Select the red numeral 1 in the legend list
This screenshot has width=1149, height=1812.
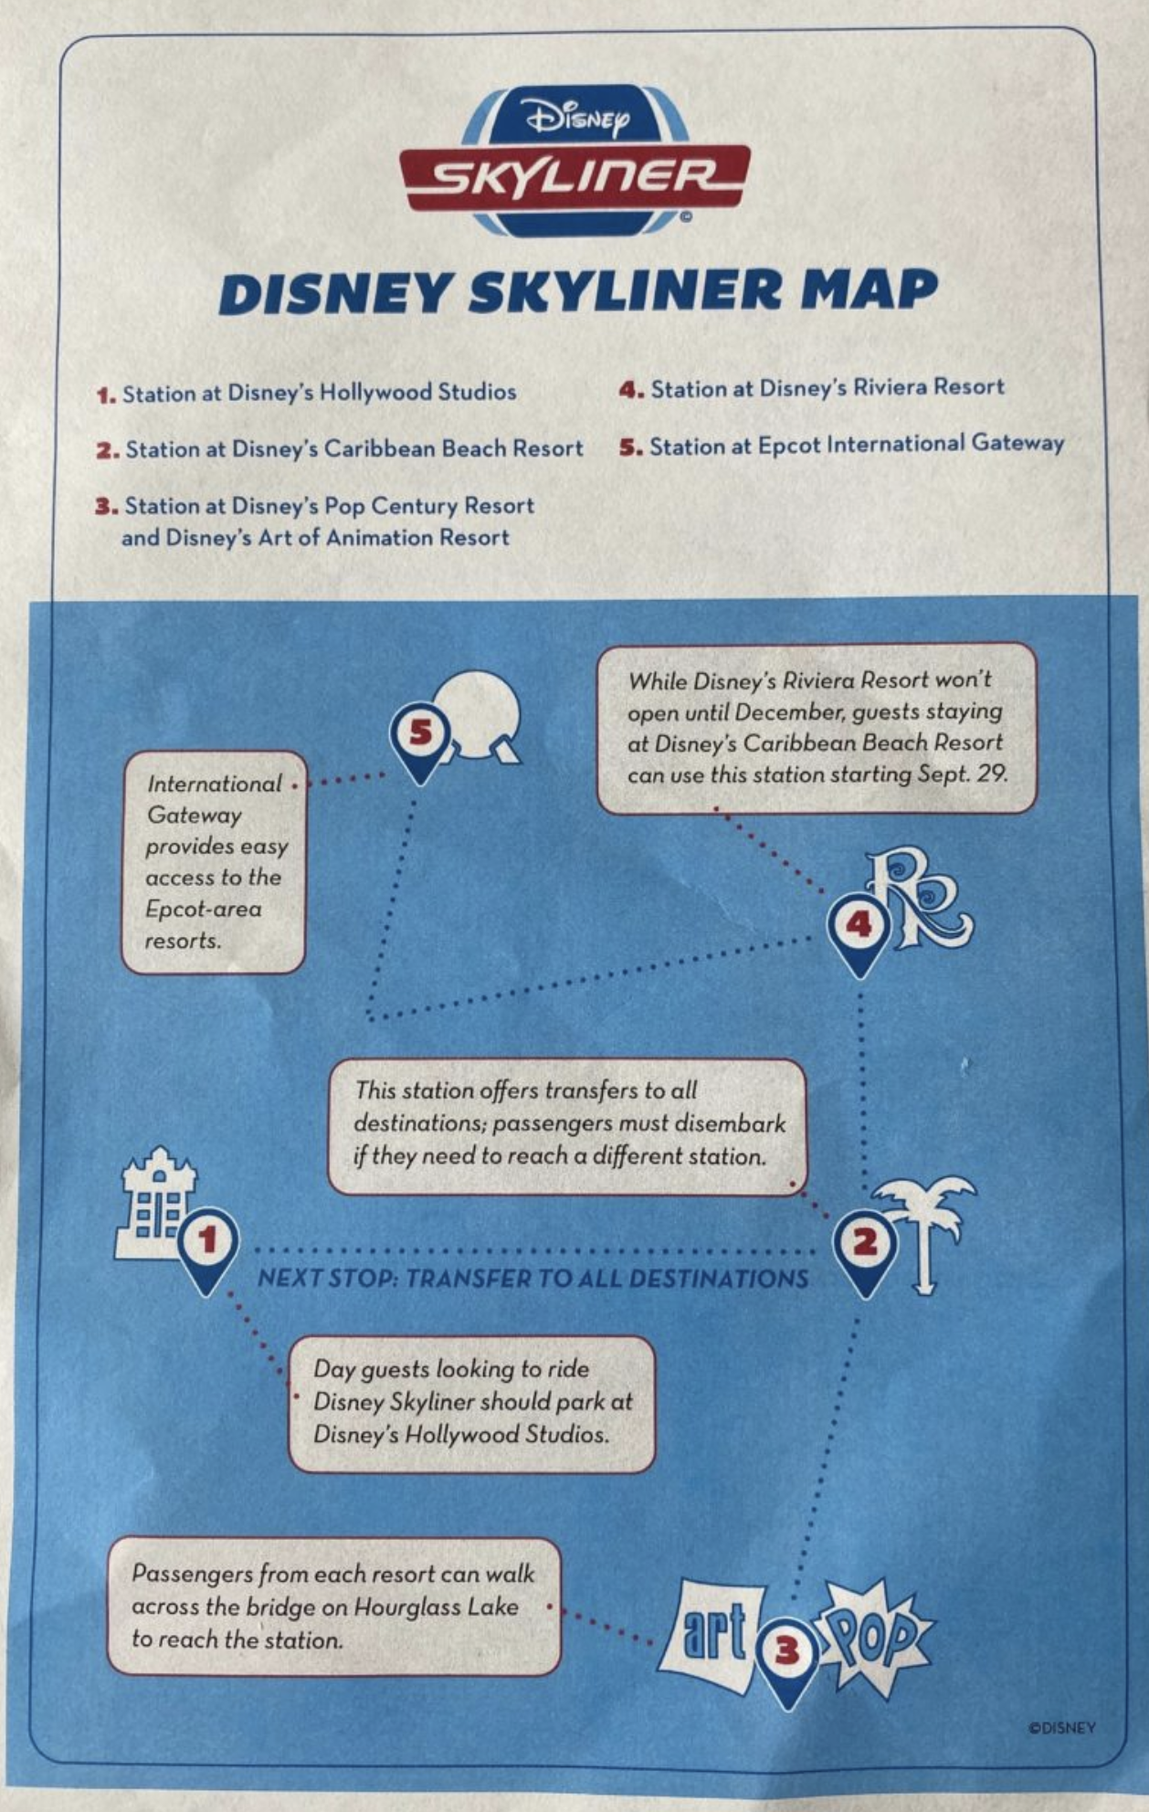coord(106,395)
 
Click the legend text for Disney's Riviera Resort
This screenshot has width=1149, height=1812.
coord(827,388)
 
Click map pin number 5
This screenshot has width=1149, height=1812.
coord(419,735)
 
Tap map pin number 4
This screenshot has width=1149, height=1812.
coord(859,928)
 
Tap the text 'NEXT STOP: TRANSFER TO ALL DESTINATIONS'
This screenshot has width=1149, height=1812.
coord(532,1278)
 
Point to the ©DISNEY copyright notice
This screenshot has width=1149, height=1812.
coord(1061,1728)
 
